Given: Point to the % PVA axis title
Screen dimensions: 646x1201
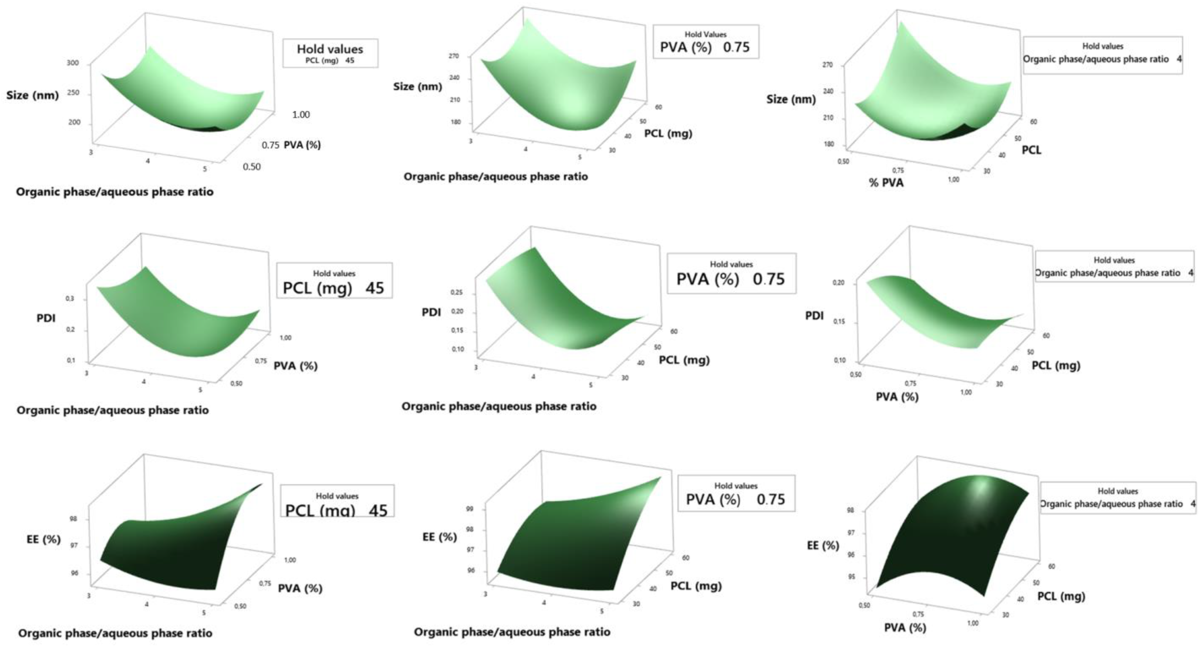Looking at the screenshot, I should pyautogui.click(x=886, y=183).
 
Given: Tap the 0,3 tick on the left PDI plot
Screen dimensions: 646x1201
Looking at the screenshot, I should pyautogui.click(x=70, y=299).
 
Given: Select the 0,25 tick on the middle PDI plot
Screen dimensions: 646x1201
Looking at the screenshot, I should pyautogui.click(x=456, y=292).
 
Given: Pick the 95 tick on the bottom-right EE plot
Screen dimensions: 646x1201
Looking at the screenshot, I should pyautogui.click(x=851, y=577).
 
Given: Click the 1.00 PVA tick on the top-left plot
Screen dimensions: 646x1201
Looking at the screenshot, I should pyautogui.click(x=301, y=115).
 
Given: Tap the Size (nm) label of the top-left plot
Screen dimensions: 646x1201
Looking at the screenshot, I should pyautogui.click(x=32, y=95).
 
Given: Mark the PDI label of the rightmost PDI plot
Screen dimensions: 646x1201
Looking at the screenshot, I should pyautogui.click(x=814, y=316).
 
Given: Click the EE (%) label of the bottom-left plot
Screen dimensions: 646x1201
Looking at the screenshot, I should pyautogui.click(x=43, y=539).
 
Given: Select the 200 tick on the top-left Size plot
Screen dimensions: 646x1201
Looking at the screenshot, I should pyautogui.click(x=74, y=122).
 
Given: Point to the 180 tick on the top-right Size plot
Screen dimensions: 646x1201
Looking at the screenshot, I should pyautogui.click(x=829, y=144).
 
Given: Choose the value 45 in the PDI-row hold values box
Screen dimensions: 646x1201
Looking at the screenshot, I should pyautogui.click(x=374, y=288).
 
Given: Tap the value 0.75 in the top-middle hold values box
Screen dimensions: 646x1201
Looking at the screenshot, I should pyautogui.click(x=736, y=47).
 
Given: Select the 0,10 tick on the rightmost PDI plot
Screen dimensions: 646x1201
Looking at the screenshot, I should pyautogui.click(x=839, y=360).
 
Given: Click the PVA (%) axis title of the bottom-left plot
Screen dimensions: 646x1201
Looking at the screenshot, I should pyautogui.click(x=300, y=588).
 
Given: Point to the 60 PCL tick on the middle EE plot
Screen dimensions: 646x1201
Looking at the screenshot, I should pyautogui.click(x=685, y=558).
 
